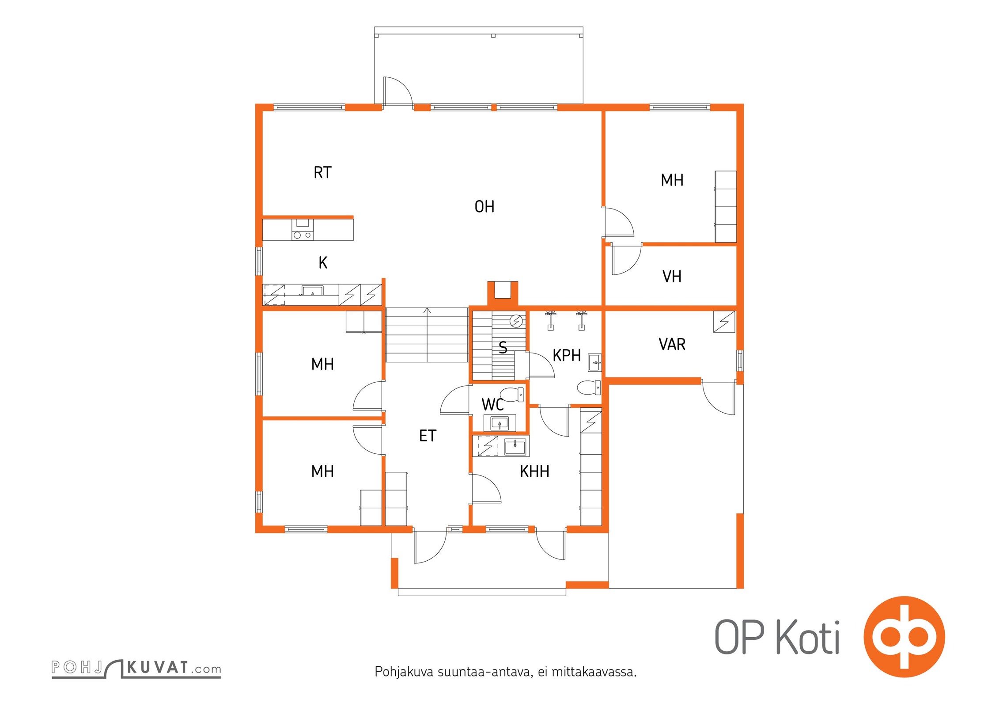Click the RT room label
click(x=322, y=172)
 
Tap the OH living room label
click(x=484, y=206)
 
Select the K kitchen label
click(x=323, y=262)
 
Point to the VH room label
click(x=672, y=276)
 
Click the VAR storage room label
click(x=672, y=344)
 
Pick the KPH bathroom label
click(x=567, y=355)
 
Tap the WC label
click(x=492, y=404)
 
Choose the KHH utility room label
click(x=534, y=471)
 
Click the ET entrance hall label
click(x=428, y=436)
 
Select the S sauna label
click(x=503, y=348)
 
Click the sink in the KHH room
click(x=515, y=447)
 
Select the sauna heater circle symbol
click(x=516, y=321)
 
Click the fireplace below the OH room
click(x=502, y=293)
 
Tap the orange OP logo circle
click(x=904, y=637)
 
